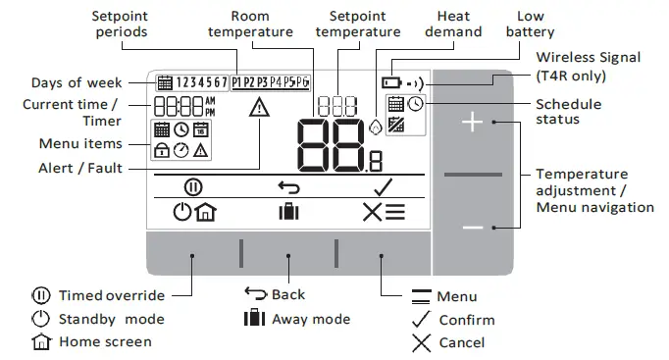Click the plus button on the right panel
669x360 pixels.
(x=474, y=123)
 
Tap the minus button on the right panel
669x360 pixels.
(x=474, y=228)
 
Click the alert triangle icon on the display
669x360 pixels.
(x=259, y=108)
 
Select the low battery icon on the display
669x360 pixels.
(x=391, y=83)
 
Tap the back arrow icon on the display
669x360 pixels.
(x=286, y=186)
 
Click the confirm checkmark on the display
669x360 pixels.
(x=382, y=186)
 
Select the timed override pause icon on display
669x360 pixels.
(x=192, y=186)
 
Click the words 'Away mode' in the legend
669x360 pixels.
(x=310, y=319)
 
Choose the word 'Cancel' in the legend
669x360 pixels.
(x=461, y=342)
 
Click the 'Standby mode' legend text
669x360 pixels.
(x=111, y=319)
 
